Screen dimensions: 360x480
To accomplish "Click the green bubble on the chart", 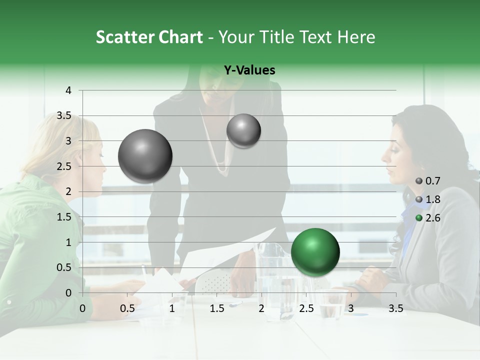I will pos(315,252).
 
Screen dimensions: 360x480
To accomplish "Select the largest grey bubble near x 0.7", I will pos(145,156).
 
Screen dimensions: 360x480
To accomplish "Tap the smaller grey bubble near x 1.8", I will pos(243,130).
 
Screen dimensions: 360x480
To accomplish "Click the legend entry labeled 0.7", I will pos(427,181).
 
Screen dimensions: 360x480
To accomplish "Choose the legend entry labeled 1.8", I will pos(427,199).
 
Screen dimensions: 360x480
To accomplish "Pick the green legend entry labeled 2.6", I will pos(427,217).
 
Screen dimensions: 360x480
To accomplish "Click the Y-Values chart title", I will pos(249,70).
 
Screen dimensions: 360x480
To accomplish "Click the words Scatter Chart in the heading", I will pos(149,36).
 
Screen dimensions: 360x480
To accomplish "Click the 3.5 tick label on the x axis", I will pos(395,308).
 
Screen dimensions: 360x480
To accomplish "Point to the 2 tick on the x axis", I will pos(261,308).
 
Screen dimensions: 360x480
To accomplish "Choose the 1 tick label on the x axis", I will pos(172,308).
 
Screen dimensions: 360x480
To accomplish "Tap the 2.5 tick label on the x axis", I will pos(306,308).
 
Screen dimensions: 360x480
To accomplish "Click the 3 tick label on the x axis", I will pos(351,308).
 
